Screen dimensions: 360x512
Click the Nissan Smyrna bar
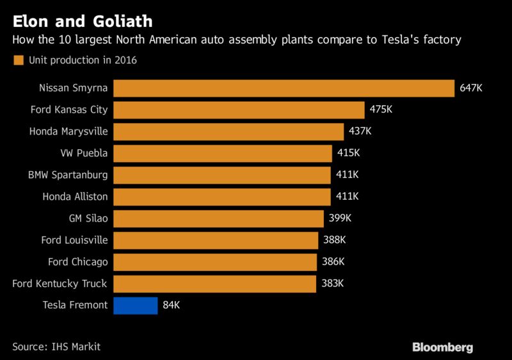(x=284, y=88)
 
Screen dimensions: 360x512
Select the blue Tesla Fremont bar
(x=135, y=306)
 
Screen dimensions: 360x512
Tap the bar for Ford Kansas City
(x=239, y=110)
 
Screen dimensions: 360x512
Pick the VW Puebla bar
(x=223, y=153)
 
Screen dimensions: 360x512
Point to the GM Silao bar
(x=218, y=218)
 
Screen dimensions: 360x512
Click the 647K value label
(x=470, y=88)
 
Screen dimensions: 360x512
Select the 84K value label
(x=172, y=306)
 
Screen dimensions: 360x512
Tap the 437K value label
(x=360, y=131)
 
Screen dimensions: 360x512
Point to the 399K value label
(x=340, y=218)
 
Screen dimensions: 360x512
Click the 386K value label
(x=333, y=262)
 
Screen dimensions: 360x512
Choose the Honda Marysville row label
(x=68, y=131)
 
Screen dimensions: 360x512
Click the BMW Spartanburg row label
(x=68, y=175)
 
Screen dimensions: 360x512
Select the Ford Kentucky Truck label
(x=60, y=284)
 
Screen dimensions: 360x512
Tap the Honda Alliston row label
(x=75, y=197)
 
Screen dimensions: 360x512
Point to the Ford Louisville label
(x=75, y=240)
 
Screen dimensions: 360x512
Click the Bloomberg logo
(x=442, y=348)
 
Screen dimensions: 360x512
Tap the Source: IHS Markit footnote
(x=56, y=347)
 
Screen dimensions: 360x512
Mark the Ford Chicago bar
(x=215, y=262)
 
